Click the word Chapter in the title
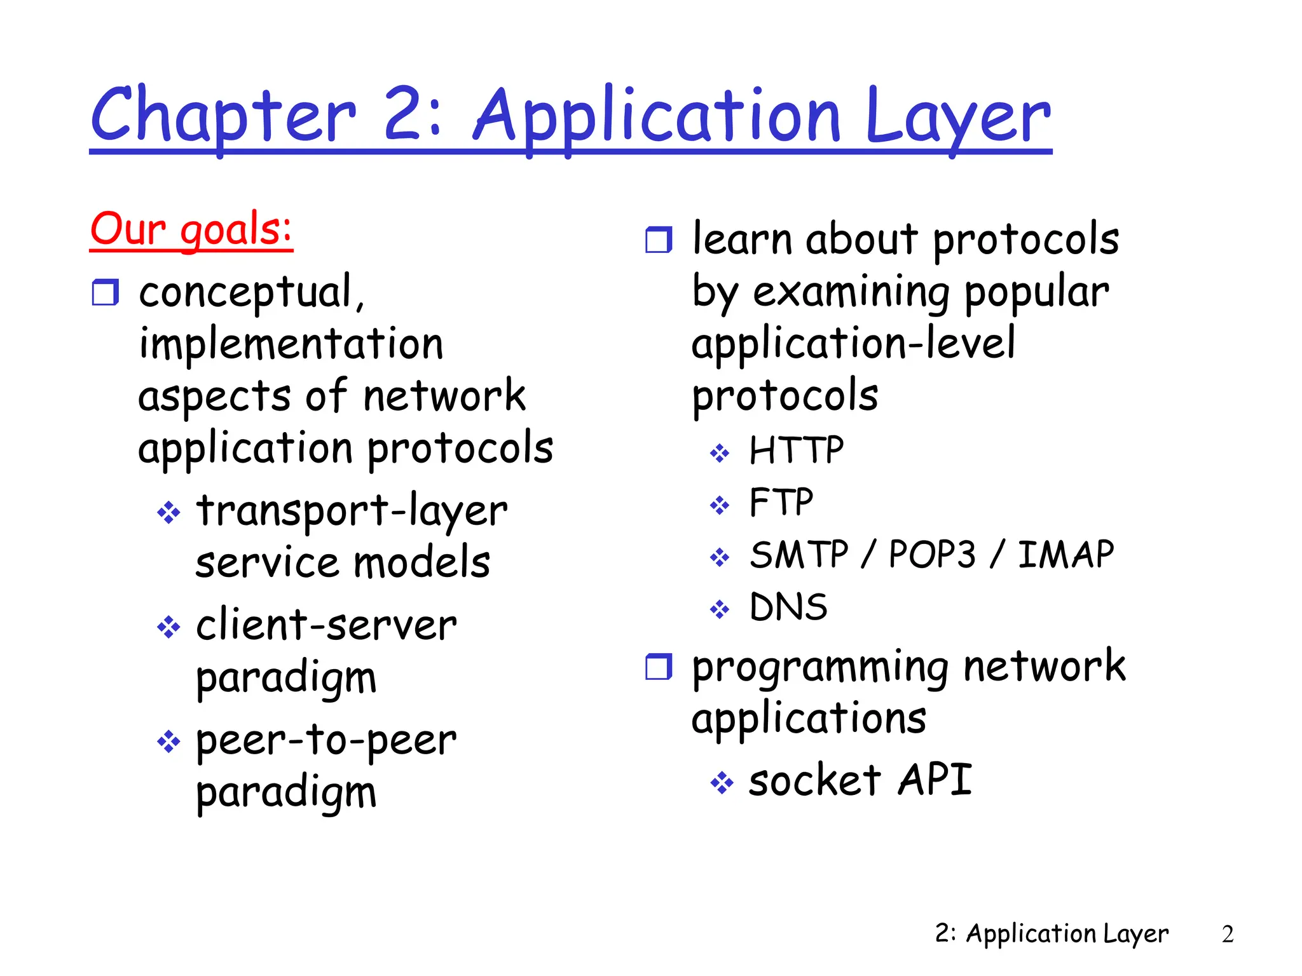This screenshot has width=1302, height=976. [x=223, y=118]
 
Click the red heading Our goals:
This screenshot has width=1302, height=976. [x=191, y=230]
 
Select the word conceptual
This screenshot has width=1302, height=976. [x=251, y=293]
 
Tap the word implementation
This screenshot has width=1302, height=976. [x=291, y=344]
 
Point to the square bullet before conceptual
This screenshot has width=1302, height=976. [x=106, y=293]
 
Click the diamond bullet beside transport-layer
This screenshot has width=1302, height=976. [x=168, y=512]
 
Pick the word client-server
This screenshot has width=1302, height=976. [x=326, y=625]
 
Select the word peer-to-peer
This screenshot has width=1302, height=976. [x=326, y=741]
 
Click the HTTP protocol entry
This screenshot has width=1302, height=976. [x=797, y=451]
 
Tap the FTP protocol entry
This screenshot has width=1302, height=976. [x=781, y=503]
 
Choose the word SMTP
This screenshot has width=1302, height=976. [x=799, y=555]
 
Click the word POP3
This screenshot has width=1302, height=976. [x=932, y=555]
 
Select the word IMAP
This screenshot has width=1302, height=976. [x=1066, y=555]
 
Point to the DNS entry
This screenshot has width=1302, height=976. [x=788, y=607]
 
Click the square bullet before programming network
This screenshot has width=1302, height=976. [x=659, y=667]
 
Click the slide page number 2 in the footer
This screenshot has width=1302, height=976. [x=1228, y=934]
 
